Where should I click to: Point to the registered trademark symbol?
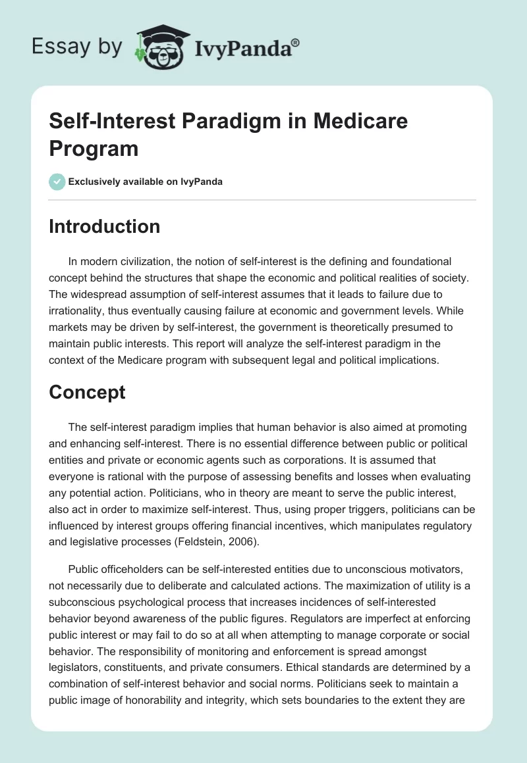296,42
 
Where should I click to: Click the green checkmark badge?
57,182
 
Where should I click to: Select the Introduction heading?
105,226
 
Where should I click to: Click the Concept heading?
88,393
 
